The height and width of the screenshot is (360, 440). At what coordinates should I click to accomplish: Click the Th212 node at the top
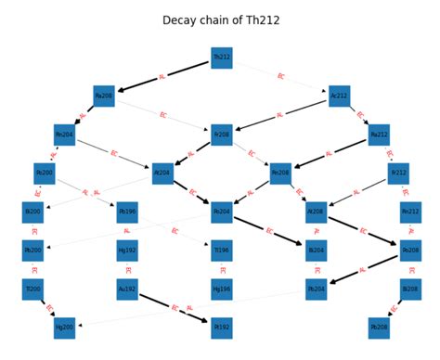(221, 58)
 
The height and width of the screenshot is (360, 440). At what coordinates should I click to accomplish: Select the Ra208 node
(104, 96)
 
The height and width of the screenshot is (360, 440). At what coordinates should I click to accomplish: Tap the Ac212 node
(339, 96)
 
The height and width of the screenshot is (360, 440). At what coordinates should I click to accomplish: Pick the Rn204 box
(64, 135)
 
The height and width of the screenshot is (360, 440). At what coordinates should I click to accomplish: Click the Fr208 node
(221, 135)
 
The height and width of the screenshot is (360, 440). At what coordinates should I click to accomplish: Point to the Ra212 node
(378, 135)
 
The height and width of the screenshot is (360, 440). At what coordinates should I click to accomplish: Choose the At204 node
(162, 173)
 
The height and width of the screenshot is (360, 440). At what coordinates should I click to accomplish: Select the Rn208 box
(280, 173)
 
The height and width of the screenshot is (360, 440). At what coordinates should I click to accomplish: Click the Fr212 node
(398, 173)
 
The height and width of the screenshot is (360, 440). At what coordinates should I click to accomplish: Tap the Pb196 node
(127, 212)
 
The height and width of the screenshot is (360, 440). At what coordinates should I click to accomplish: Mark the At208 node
(316, 212)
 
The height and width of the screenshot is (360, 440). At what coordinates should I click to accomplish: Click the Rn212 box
(410, 212)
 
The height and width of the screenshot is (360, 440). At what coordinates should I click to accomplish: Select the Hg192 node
(127, 251)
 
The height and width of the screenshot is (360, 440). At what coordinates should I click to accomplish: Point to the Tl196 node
(221, 251)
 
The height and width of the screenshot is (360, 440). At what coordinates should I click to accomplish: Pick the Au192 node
(127, 289)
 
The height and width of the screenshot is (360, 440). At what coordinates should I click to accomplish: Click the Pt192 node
(221, 328)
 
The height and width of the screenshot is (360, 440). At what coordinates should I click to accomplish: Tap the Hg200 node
(64, 328)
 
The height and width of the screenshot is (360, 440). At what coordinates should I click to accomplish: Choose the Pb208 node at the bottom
(378, 328)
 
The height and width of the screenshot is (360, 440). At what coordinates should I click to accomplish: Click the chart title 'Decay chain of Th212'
(220, 19)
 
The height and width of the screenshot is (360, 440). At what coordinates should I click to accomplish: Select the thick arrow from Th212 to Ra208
(162, 77)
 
